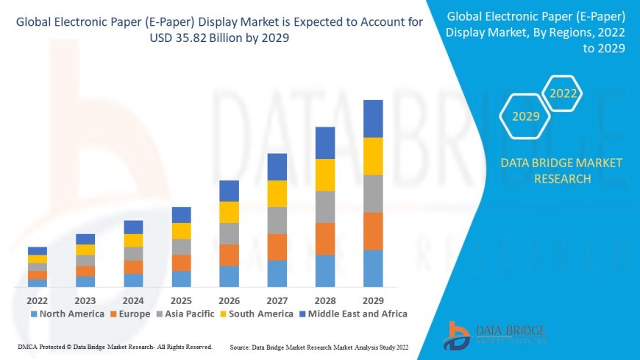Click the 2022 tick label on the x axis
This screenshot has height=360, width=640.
point(38,300)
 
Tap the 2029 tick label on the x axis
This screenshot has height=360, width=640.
point(373,300)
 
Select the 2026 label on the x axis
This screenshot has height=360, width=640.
point(229,300)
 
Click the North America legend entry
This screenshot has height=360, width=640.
point(67,314)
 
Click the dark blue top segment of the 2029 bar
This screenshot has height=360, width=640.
point(373,119)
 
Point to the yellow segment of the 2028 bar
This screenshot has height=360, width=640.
point(325,174)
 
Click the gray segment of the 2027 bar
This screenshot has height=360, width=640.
point(277,220)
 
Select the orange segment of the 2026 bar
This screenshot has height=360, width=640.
point(229,255)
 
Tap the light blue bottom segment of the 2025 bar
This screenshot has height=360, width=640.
point(181,278)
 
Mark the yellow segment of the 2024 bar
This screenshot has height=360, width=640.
point(133,240)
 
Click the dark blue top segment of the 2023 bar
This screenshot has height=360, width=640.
point(85,239)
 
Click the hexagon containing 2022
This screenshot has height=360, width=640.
point(563,93)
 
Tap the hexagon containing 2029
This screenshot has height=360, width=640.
point(526,116)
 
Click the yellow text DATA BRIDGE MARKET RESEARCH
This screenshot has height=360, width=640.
point(561,171)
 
